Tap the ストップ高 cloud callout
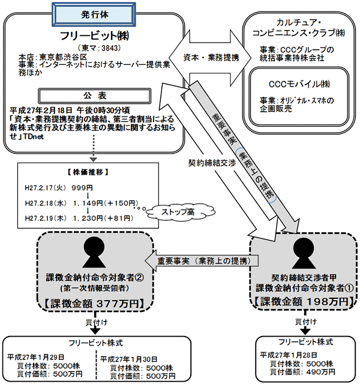coord(176,211)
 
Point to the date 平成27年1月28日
coord(289,355)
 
